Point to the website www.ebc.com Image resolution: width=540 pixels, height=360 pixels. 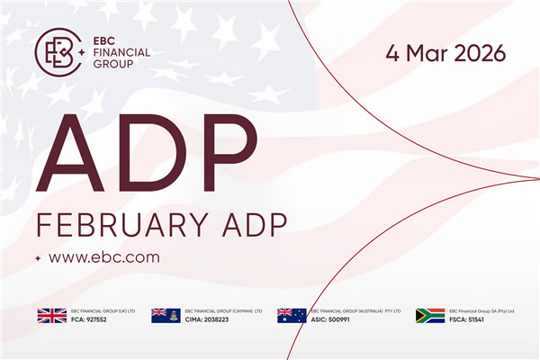[x=103, y=257]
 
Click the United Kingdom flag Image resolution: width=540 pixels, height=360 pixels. [x=51, y=315]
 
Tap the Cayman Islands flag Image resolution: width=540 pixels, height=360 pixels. [x=166, y=315]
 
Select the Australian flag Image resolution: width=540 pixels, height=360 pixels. [x=292, y=315]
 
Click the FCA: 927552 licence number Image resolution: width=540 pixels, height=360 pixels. [x=90, y=319]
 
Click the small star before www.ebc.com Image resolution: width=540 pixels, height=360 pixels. [x=38, y=258]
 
